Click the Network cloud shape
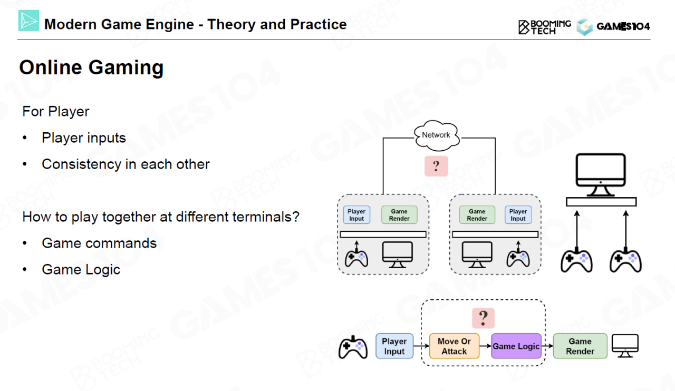[x=436, y=134]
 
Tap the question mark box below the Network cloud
[x=436, y=166]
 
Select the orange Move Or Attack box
[x=454, y=346]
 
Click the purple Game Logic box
[x=516, y=346]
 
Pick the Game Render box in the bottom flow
[x=580, y=346]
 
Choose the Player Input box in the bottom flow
[x=394, y=346]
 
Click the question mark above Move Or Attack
[x=483, y=318]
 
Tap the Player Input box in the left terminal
[x=356, y=215]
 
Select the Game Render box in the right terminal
[x=477, y=215]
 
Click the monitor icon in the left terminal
[x=398, y=255]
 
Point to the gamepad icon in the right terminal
[x=518, y=257]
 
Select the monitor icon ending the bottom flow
[x=625, y=346]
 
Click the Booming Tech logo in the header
[x=544, y=26]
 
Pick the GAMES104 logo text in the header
[x=623, y=26]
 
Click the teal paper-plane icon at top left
[x=28, y=21]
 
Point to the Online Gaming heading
[x=91, y=67]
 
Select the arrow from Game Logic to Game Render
[x=547, y=346]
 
